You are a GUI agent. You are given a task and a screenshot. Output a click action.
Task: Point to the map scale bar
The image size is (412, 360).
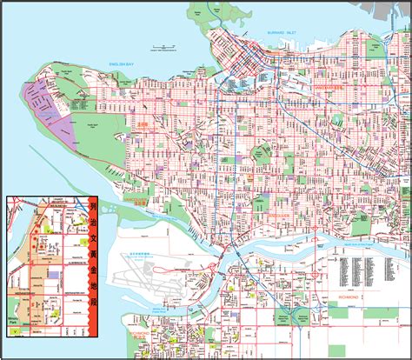coord(160,44)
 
